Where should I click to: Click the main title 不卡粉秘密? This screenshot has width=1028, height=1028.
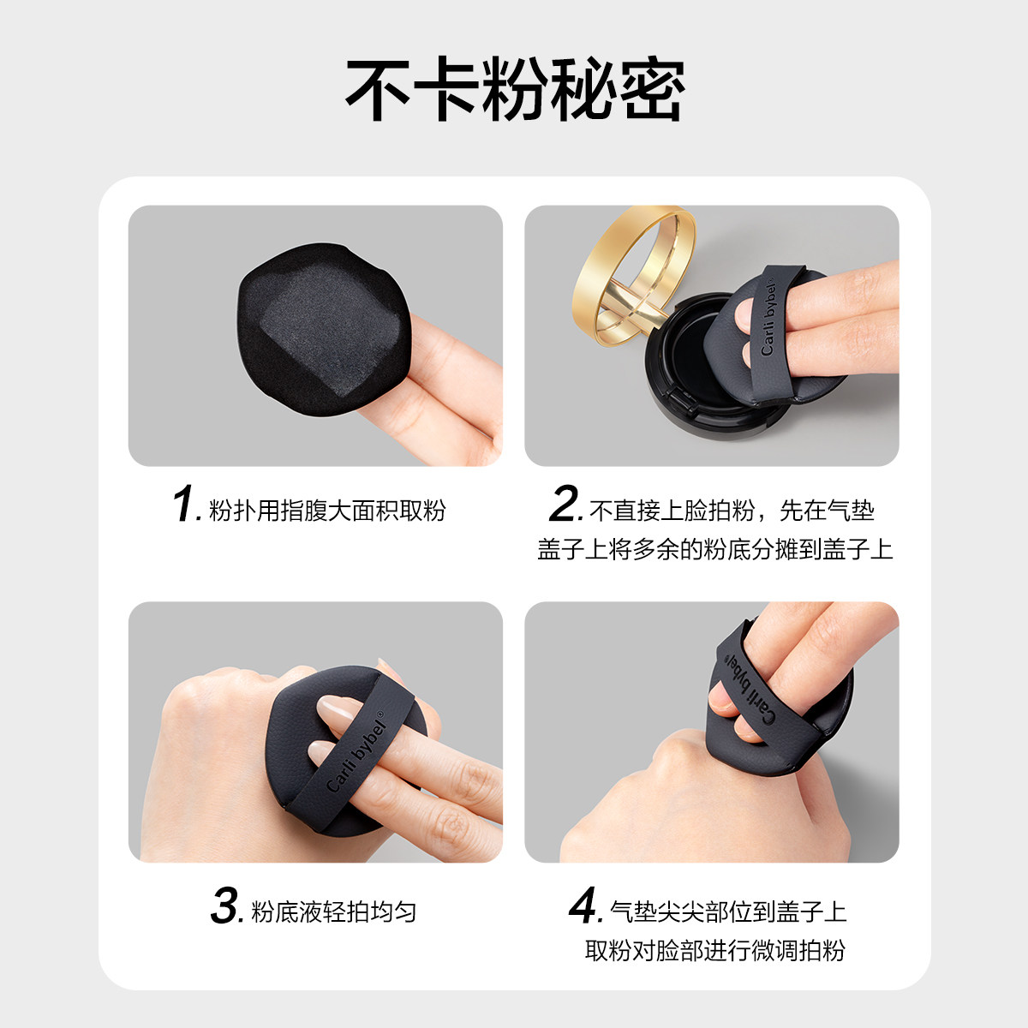coord(514,90)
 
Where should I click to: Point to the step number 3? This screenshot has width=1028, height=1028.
coord(226,905)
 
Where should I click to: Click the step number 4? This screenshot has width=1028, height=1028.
coord(585,905)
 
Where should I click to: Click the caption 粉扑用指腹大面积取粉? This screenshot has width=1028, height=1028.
coord(327,511)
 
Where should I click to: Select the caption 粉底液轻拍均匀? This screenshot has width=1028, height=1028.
coord(333,911)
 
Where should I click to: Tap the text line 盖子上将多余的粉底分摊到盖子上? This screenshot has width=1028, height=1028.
coord(714,549)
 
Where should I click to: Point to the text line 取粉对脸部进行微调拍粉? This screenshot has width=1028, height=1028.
coord(714,950)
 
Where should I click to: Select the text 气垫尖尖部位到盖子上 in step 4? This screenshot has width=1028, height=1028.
coord(728,911)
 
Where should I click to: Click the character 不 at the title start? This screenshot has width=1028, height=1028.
coord(380,90)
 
